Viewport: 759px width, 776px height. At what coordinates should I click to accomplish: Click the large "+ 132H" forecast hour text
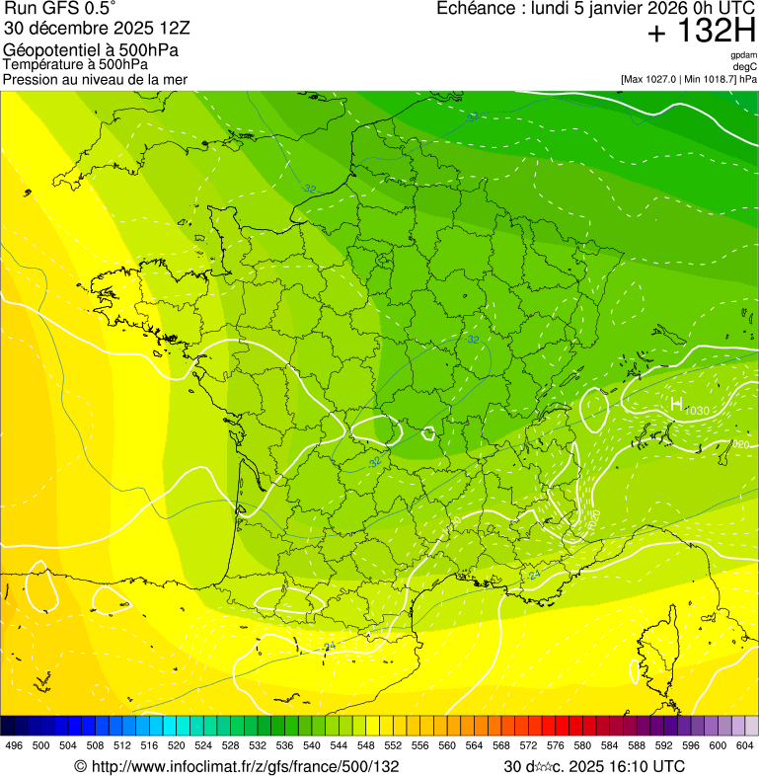click(701, 32)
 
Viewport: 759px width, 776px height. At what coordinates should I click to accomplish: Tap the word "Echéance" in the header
click(473, 9)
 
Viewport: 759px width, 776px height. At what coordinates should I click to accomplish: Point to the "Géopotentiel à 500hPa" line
click(91, 49)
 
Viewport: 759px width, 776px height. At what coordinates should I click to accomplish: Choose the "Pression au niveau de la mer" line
click(95, 79)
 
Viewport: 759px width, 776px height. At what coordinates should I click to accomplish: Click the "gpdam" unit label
click(743, 55)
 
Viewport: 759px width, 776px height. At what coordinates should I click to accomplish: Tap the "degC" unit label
click(745, 67)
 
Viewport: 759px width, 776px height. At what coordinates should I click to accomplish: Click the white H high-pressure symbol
click(676, 405)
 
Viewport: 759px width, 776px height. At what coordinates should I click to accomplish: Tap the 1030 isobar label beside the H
click(697, 411)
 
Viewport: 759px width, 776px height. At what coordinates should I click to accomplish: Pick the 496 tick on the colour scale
click(14, 745)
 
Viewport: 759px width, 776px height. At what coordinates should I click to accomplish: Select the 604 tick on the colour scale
click(745, 745)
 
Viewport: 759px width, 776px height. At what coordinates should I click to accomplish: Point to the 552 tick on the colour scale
click(393, 745)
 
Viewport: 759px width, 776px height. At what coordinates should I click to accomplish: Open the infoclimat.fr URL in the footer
click(237, 766)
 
